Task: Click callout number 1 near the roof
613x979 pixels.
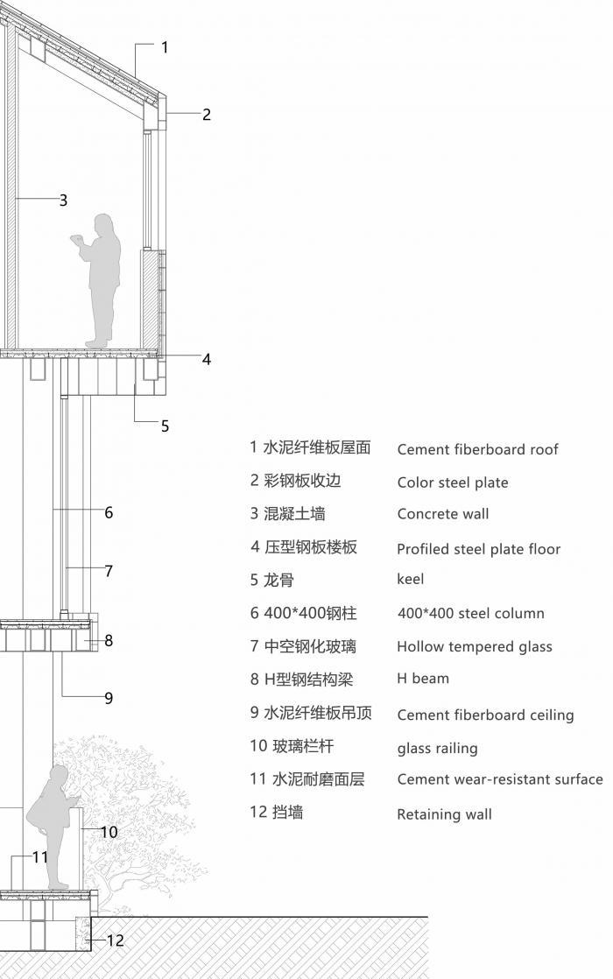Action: [x=165, y=47]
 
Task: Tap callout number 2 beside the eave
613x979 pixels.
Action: [x=207, y=114]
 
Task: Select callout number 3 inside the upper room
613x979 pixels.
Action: [x=63, y=201]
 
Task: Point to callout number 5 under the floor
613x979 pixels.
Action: [x=165, y=426]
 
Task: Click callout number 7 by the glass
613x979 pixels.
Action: [x=109, y=571]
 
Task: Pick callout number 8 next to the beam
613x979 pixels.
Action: [x=109, y=640]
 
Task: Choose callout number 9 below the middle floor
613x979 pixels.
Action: [x=109, y=698]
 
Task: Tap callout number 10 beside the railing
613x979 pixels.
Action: [x=109, y=832]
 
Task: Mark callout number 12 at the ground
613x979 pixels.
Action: [x=116, y=940]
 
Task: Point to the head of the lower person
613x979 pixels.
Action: [x=59, y=775]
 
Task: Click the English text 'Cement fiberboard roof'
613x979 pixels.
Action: [x=477, y=450]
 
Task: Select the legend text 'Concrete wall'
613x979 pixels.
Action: [x=443, y=514]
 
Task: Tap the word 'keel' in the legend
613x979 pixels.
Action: [x=411, y=579]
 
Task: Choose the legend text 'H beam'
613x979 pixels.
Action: [x=423, y=678]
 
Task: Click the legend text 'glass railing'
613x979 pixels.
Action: [x=437, y=749]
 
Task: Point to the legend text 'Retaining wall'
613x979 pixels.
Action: [x=444, y=814]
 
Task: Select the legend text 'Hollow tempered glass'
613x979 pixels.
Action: [x=475, y=647]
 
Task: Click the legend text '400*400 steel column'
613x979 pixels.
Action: [x=470, y=614]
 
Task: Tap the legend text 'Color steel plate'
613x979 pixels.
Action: [x=453, y=482]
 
